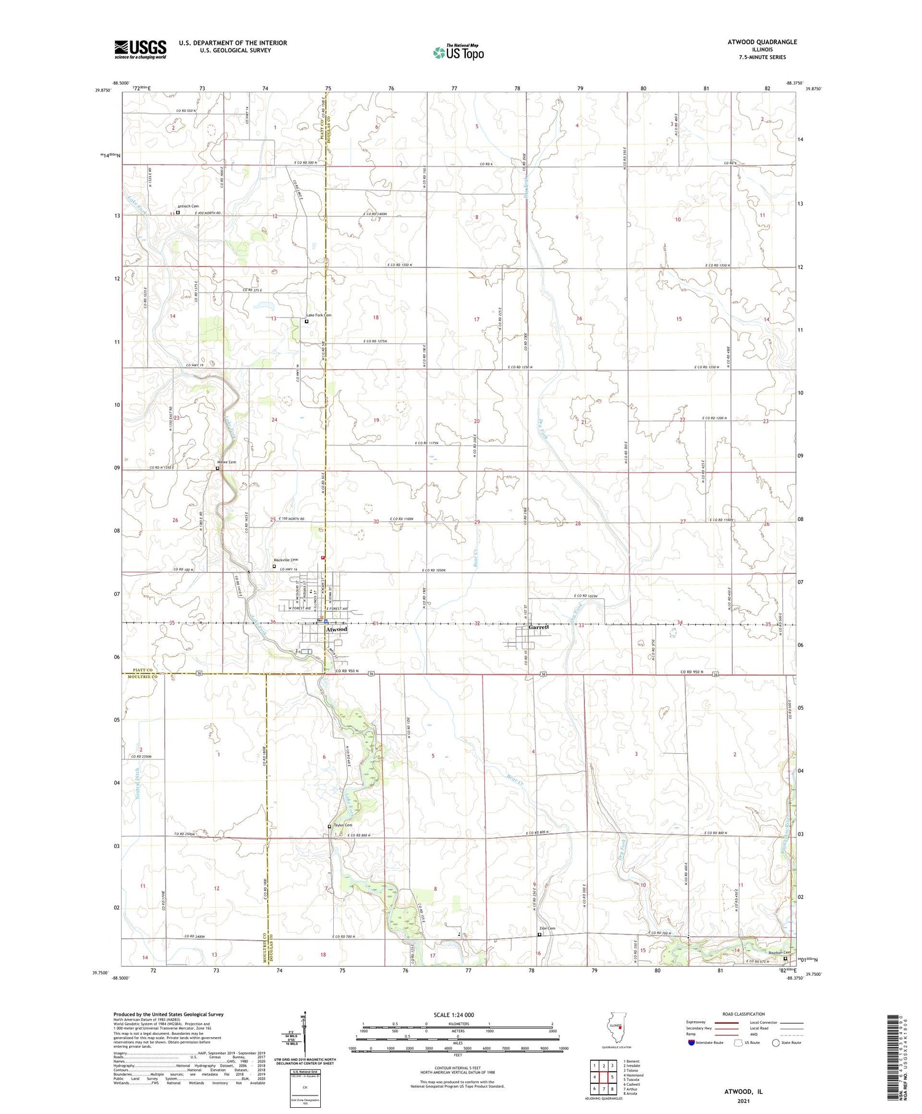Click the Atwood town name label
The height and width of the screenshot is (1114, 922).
point(336,629)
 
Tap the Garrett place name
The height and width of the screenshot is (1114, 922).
point(538,627)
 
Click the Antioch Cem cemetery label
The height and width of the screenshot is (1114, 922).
point(188,206)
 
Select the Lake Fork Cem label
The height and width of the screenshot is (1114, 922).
point(319,315)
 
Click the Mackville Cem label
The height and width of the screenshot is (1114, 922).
point(285,560)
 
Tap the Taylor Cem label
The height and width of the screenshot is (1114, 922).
point(342,825)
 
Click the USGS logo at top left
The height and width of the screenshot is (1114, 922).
point(140,49)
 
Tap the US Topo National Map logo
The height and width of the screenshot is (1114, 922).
point(458,52)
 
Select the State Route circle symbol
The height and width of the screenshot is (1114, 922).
point(776,1042)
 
